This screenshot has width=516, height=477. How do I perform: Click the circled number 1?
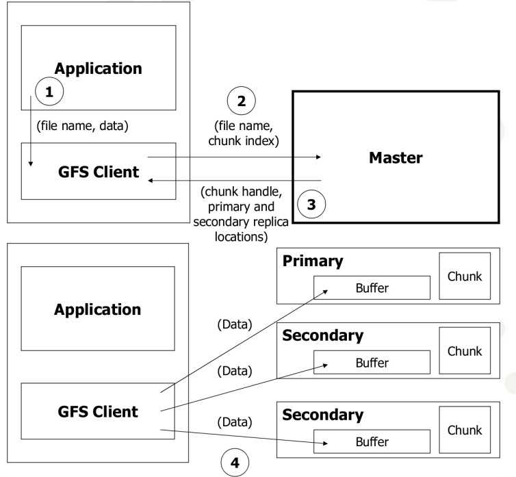click(x=49, y=90)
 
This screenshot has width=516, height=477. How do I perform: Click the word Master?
click(x=396, y=157)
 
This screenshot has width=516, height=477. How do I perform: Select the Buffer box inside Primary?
click(x=372, y=288)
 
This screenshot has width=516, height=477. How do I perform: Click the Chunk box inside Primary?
click(x=464, y=276)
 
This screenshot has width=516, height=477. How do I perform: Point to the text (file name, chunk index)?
click(x=241, y=133)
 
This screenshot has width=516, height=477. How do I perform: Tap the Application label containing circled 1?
click(x=99, y=68)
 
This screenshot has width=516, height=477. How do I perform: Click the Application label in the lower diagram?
click(x=98, y=309)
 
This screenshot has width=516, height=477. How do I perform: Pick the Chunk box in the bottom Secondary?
click(x=464, y=430)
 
